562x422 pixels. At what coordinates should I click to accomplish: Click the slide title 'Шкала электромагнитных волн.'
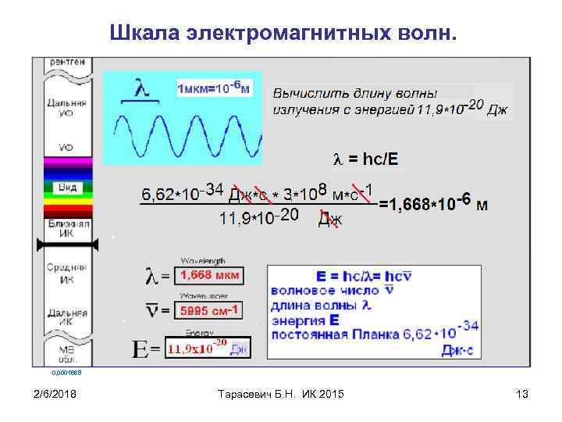point(286,34)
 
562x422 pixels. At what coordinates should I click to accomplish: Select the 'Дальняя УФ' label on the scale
point(66,107)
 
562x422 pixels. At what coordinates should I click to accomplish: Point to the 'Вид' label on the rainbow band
point(66,188)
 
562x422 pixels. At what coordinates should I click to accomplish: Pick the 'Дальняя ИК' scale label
point(66,316)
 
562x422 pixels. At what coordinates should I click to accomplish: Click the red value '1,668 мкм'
point(210,275)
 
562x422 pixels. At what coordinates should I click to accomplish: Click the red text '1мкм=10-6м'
point(215,89)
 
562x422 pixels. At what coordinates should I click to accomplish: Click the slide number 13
point(522,395)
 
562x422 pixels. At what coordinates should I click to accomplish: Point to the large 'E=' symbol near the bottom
point(147,349)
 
